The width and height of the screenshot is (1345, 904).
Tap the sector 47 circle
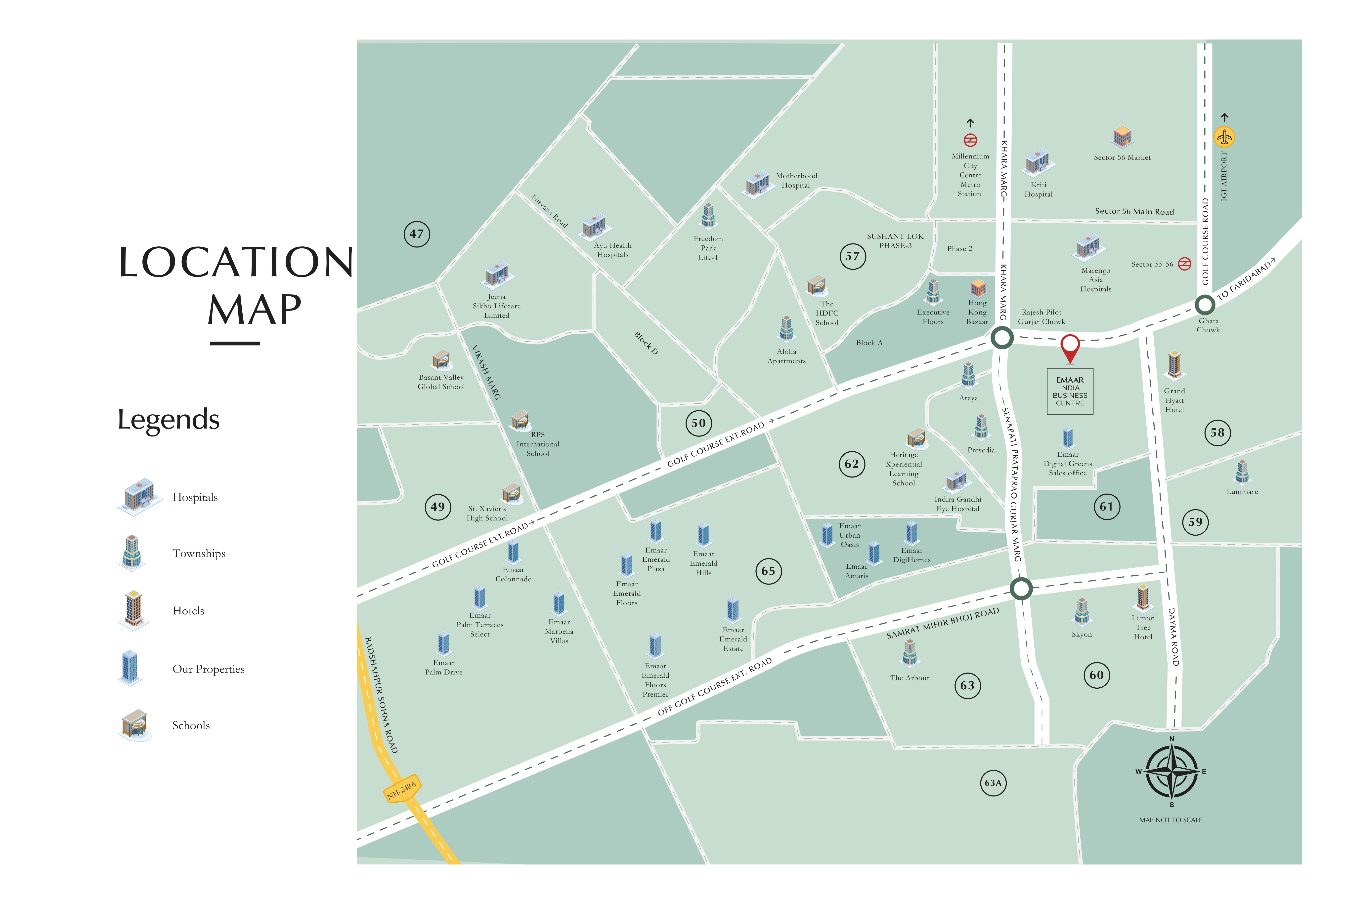pyautogui.click(x=416, y=234)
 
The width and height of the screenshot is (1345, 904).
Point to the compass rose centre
pyautogui.click(x=1171, y=771)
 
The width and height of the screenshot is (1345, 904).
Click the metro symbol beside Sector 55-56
pyautogui.click(x=1184, y=264)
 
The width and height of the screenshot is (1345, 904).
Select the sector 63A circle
pyautogui.click(x=993, y=783)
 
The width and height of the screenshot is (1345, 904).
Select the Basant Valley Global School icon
pyautogui.click(x=441, y=360)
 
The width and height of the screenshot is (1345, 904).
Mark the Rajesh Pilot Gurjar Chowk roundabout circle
pyautogui.click(x=1002, y=338)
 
